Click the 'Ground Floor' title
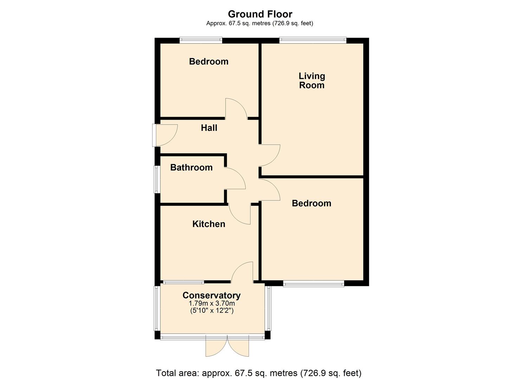[x=260, y=14]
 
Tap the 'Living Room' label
[x=312, y=81]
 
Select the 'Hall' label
[x=209, y=128]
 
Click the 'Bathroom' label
[x=191, y=167]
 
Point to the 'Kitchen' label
[x=209, y=224]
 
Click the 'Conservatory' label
[x=212, y=295]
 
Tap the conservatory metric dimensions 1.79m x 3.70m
[x=212, y=304]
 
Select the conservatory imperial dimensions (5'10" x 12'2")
[x=212, y=311]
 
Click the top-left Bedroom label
[x=209, y=61]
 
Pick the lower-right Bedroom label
[x=311, y=203]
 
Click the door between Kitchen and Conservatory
[x=243, y=273]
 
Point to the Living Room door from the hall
[x=269, y=155]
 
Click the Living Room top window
[x=313, y=40]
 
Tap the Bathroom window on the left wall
[x=157, y=179]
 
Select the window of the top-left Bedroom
[x=201, y=40]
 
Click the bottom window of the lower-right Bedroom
[x=314, y=284]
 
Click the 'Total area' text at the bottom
[x=258, y=373]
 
